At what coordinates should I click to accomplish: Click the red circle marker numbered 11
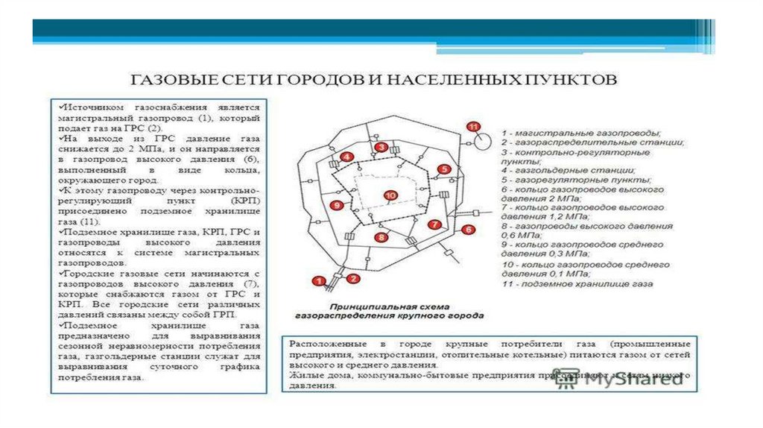(x=472, y=126)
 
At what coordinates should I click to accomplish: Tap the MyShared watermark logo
(x=626, y=378)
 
